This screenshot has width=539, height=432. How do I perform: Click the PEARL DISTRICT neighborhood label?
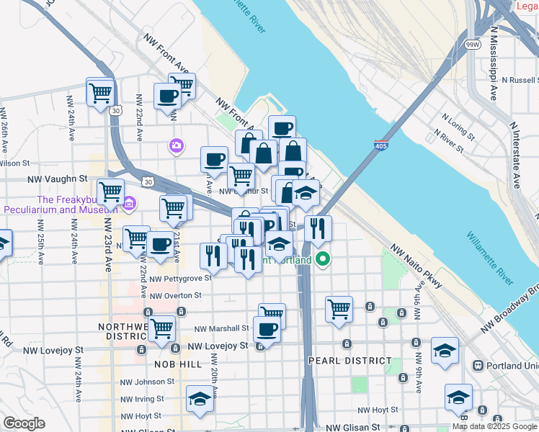click(x=349, y=360)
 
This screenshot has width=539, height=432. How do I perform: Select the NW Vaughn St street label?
click(x=57, y=178)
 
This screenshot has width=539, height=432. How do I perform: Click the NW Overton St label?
click(x=177, y=295)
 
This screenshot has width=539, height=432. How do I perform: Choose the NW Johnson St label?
click(x=143, y=382)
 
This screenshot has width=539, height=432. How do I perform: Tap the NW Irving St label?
click(x=141, y=399)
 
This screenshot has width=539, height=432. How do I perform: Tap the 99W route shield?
click(x=473, y=44)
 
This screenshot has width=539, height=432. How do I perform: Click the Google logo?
click(x=24, y=423)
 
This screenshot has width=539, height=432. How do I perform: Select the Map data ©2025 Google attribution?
click(x=495, y=426)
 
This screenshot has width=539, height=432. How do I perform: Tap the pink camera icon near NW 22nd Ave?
click(x=176, y=146)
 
